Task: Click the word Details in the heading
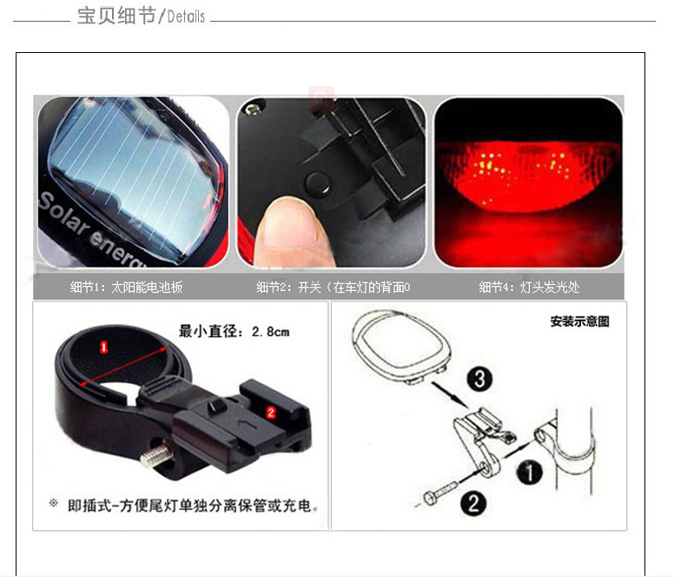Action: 186,17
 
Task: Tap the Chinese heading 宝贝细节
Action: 116,16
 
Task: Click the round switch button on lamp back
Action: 318,183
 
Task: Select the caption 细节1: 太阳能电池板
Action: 127,287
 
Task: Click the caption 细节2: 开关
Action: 288,287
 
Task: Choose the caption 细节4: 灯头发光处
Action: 529,287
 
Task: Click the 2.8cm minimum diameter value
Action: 270,332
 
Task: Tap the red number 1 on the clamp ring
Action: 103,347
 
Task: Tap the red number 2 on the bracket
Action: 271,413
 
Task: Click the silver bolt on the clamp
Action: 155,455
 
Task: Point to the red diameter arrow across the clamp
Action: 123,366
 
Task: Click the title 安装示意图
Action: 579,321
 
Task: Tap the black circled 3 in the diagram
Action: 479,379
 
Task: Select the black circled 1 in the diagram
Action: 530,472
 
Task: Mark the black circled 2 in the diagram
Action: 473,503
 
